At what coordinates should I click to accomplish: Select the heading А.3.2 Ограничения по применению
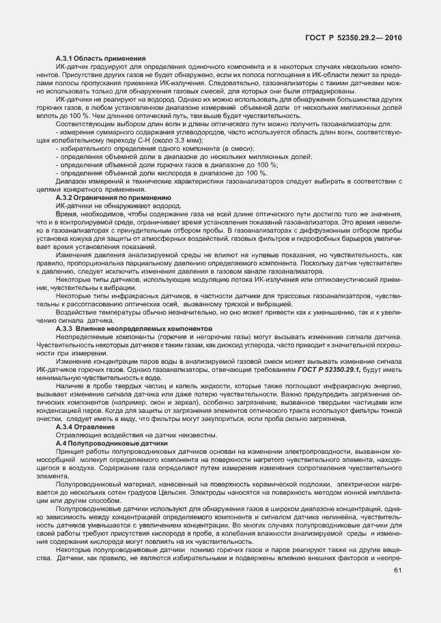pyautogui.click(x=113, y=198)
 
